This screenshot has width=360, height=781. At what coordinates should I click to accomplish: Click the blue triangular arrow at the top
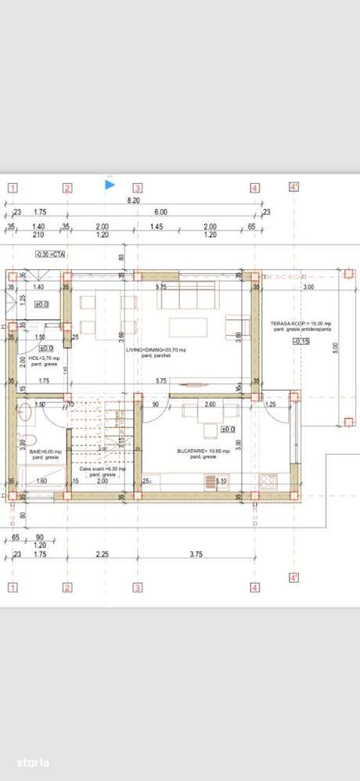pos(110,185)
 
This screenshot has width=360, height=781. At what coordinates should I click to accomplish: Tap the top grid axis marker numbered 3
pos(137,188)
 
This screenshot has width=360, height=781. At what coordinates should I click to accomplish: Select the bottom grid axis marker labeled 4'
pos(294,578)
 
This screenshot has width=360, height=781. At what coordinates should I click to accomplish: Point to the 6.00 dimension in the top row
pos(160,212)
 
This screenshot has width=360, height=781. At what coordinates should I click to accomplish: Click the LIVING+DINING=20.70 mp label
pos(157,350)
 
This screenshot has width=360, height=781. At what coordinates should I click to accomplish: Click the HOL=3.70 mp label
pos(38,358)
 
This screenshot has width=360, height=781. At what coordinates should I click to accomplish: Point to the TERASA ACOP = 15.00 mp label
pos(301,323)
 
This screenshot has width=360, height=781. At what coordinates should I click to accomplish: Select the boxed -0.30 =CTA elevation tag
pos(49,254)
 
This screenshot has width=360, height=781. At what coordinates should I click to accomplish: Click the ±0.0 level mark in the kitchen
pos(229,430)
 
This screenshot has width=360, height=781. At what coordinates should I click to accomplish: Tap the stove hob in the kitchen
pos(268,480)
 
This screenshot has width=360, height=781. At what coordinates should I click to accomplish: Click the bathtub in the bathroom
pos(38,475)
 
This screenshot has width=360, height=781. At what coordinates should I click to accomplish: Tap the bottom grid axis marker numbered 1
pos(13,587)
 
